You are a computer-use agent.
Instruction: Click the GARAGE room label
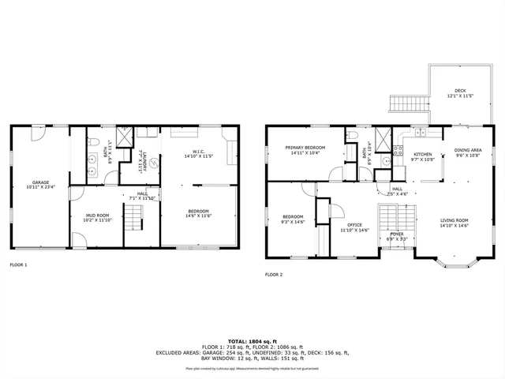tap(35, 182)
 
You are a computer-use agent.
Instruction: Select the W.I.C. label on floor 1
tap(199, 152)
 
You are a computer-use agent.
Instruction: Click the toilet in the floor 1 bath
tap(93, 142)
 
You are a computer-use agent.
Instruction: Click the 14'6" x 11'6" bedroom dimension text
tap(199, 216)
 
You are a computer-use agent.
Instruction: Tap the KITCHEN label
tap(423, 154)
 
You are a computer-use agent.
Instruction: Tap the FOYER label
tap(396, 234)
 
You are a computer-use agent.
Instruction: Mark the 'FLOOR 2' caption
tap(273, 274)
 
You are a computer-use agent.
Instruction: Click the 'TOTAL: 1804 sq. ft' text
tap(252, 340)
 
